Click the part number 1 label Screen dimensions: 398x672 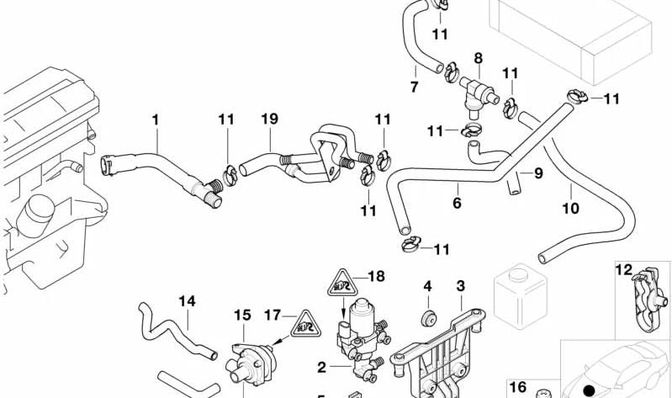[x=155, y=120]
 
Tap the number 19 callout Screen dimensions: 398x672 [x=268, y=120]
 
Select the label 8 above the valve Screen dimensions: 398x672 [x=478, y=58]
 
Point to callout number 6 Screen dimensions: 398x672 [x=457, y=203]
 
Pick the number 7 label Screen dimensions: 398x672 [x=414, y=88]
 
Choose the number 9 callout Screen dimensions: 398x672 [x=539, y=174]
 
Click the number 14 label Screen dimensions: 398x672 [x=186, y=300]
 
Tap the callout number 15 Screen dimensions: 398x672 [x=242, y=316]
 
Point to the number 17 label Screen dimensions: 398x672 [x=271, y=316]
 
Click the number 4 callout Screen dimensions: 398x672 [x=427, y=287]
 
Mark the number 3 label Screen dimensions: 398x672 [x=460, y=287]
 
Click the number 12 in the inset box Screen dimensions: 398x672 [x=623, y=270]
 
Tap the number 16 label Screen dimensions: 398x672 [x=519, y=387]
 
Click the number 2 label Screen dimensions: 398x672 [x=321, y=367]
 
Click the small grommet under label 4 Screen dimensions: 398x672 [x=427, y=317]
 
